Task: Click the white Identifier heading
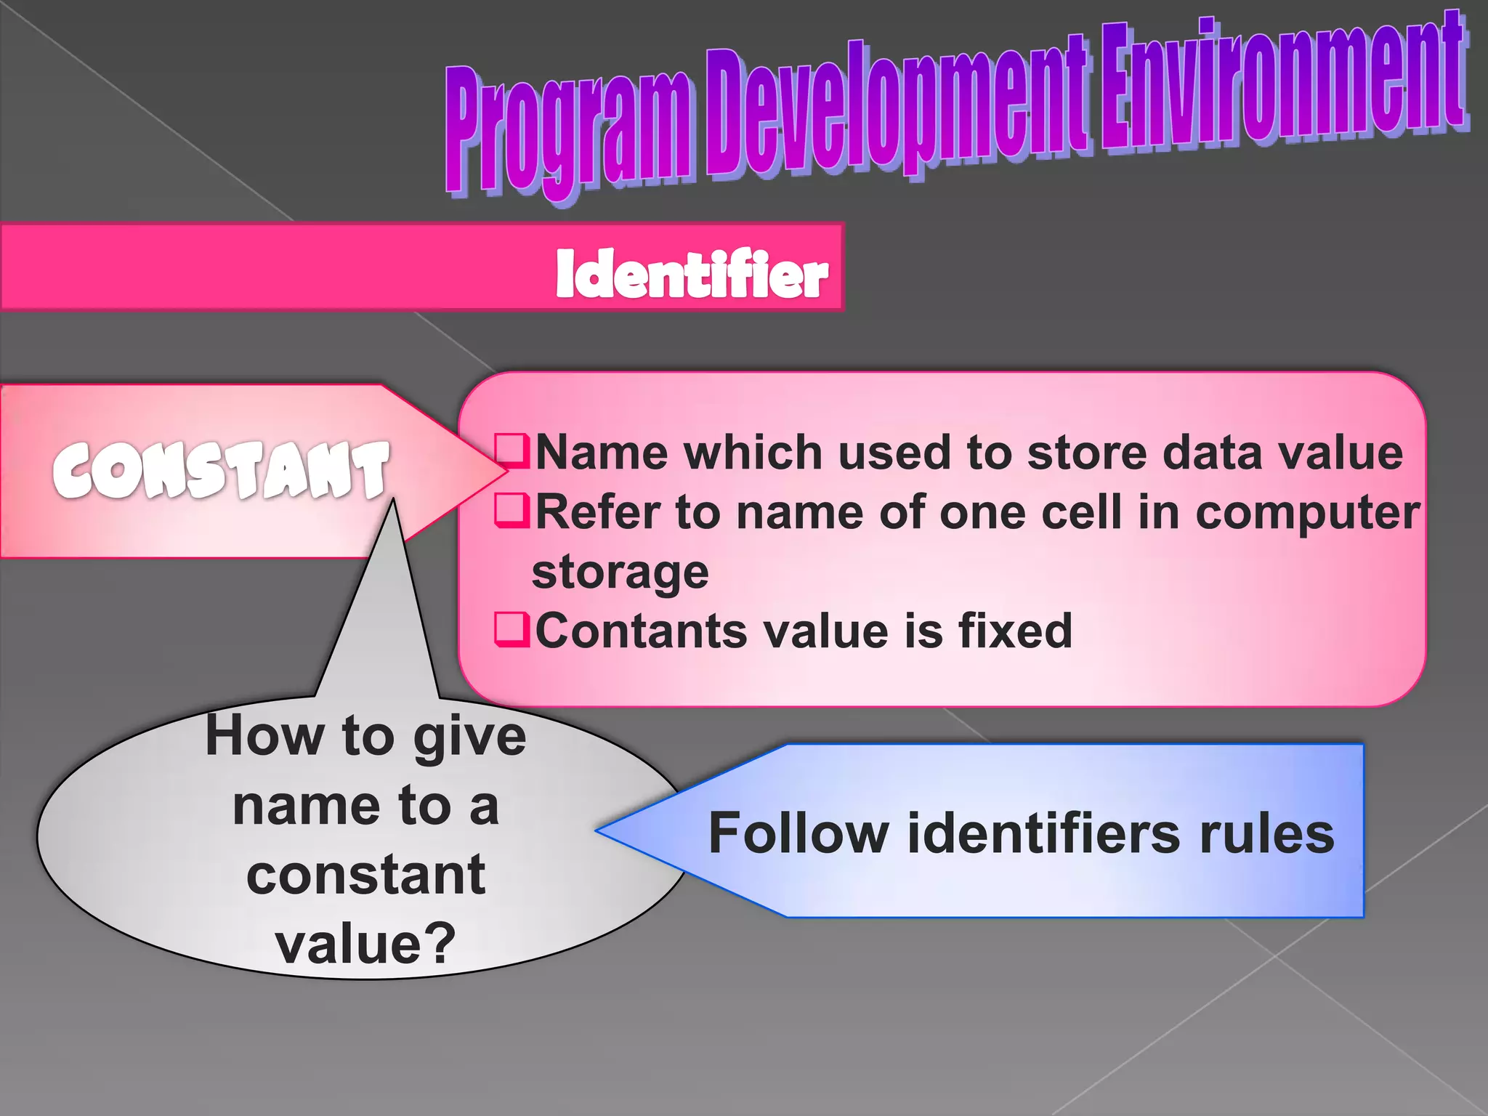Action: click(x=691, y=275)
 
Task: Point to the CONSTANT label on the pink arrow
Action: click(x=220, y=470)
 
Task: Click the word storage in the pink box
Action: click(x=620, y=572)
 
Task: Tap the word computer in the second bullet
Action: click(x=1307, y=512)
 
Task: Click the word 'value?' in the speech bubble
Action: click(x=365, y=943)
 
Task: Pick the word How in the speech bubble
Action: click(x=264, y=736)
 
